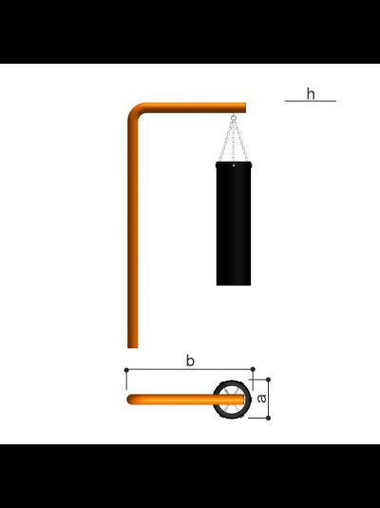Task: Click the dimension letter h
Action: click(x=311, y=93)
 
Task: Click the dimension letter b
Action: click(x=191, y=361)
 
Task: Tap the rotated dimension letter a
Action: click(x=261, y=399)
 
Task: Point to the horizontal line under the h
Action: click(x=311, y=101)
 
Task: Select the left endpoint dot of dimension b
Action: click(x=126, y=370)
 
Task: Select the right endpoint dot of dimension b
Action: click(x=253, y=369)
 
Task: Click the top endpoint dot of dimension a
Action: click(x=268, y=380)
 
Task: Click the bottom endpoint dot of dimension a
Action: click(x=268, y=418)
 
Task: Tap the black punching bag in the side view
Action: click(x=234, y=224)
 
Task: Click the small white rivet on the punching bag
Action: click(x=234, y=166)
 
